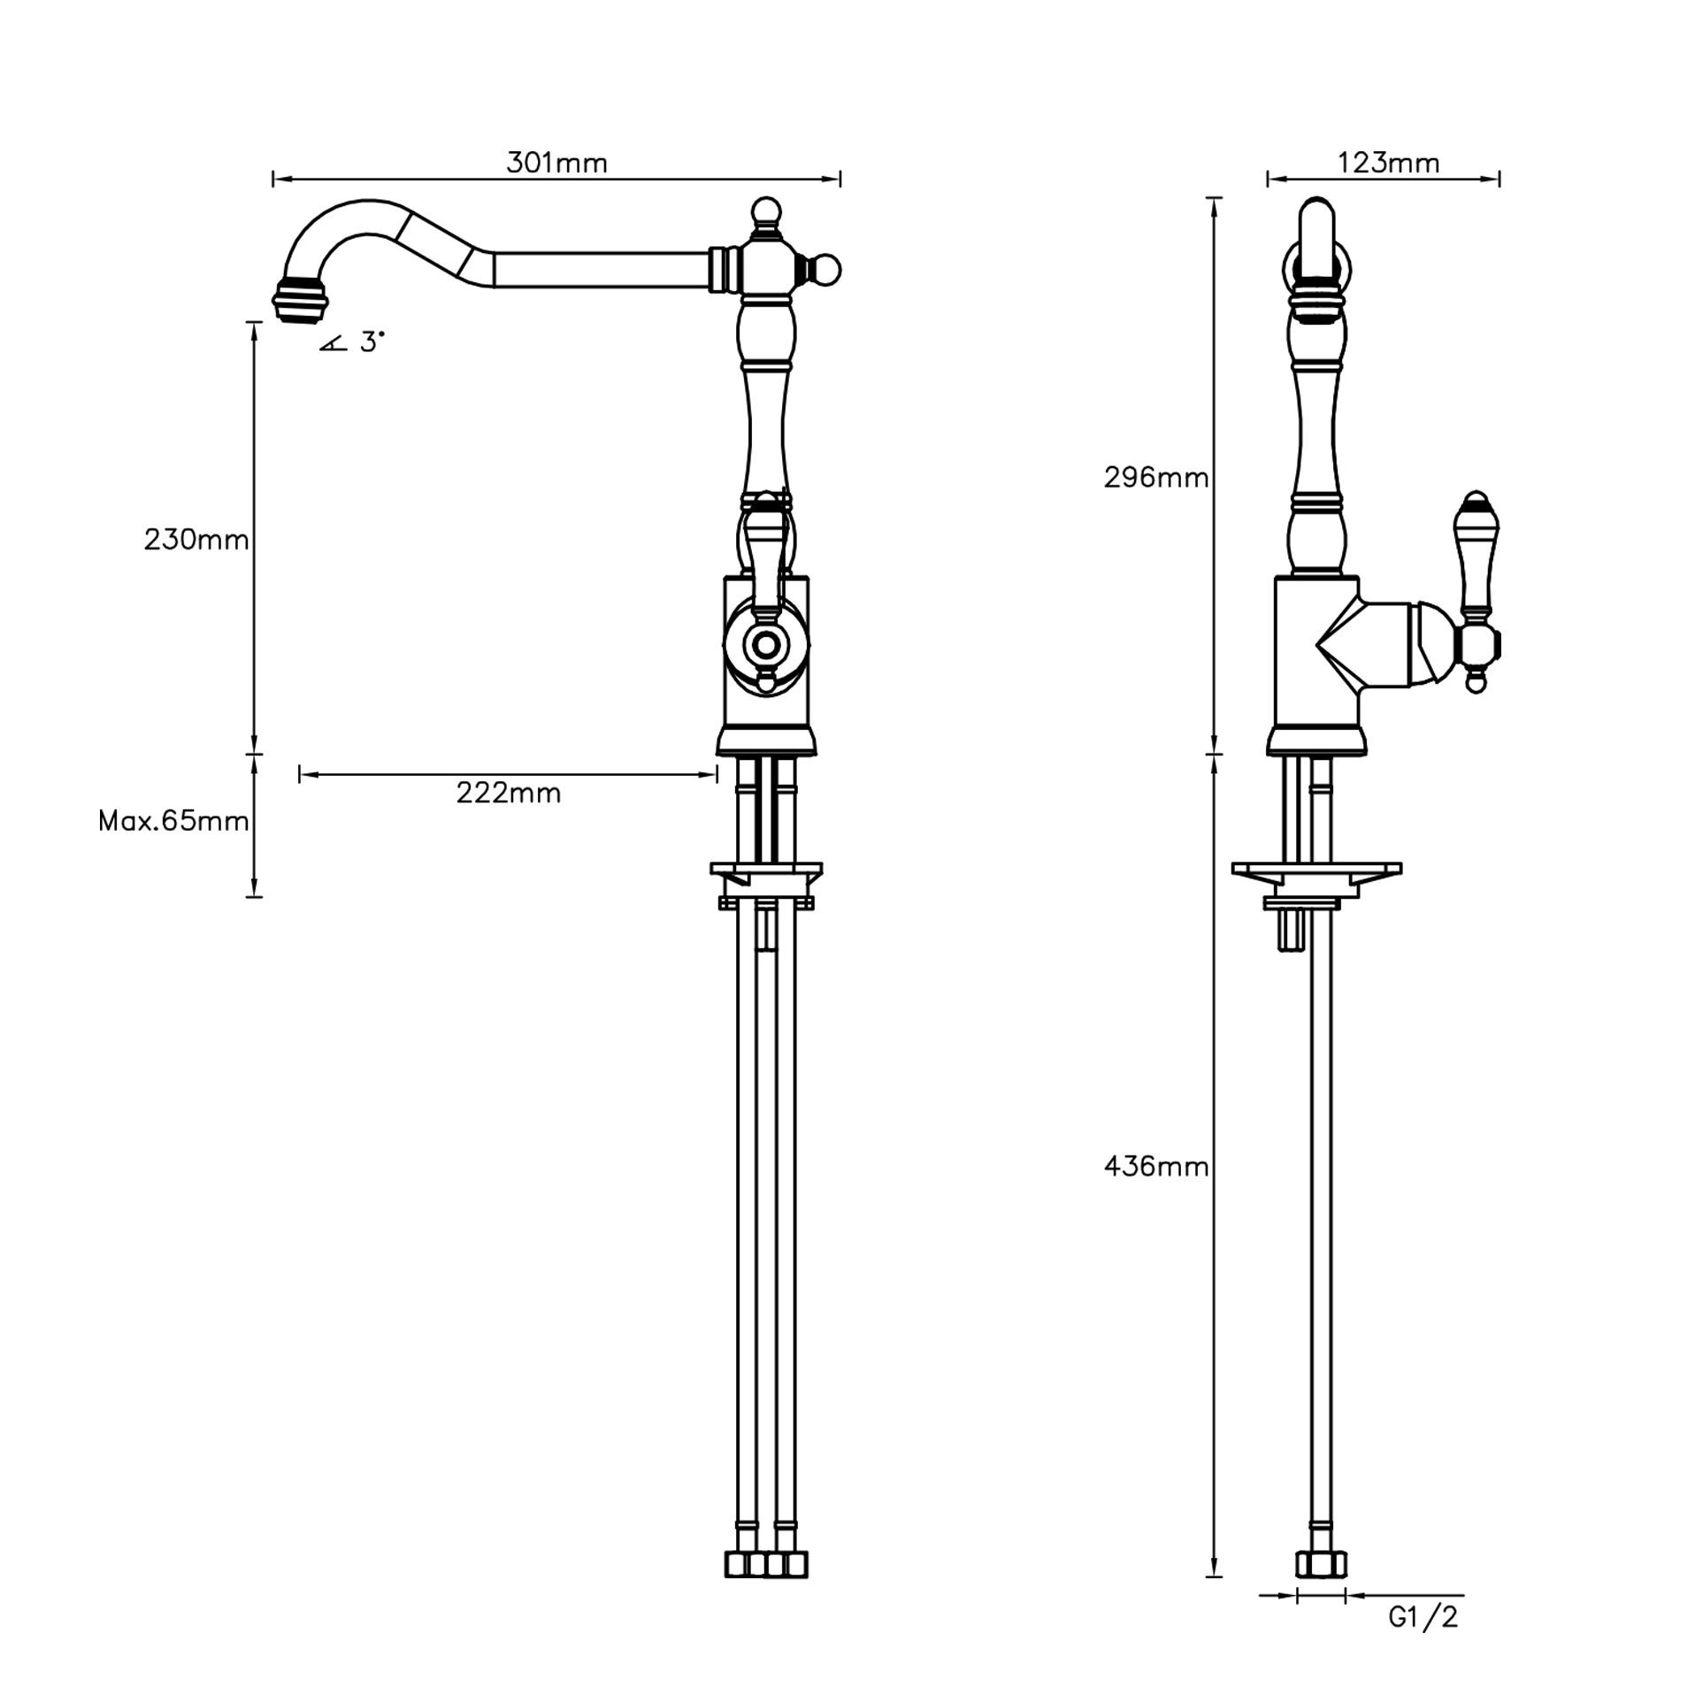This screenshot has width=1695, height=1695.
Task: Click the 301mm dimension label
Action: pyautogui.click(x=556, y=163)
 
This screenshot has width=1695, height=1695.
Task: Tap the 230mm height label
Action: pyautogui.click(x=196, y=539)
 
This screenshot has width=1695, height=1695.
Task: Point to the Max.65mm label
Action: pyautogui.click(x=173, y=822)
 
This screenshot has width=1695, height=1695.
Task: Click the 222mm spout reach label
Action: pyautogui.click(x=509, y=793)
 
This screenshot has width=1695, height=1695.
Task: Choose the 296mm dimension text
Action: pyautogui.click(x=1155, y=478)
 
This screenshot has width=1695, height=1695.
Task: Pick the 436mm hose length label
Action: pyautogui.click(x=1155, y=1167)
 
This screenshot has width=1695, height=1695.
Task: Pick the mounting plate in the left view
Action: pyautogui.click(x=766, y=871)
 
